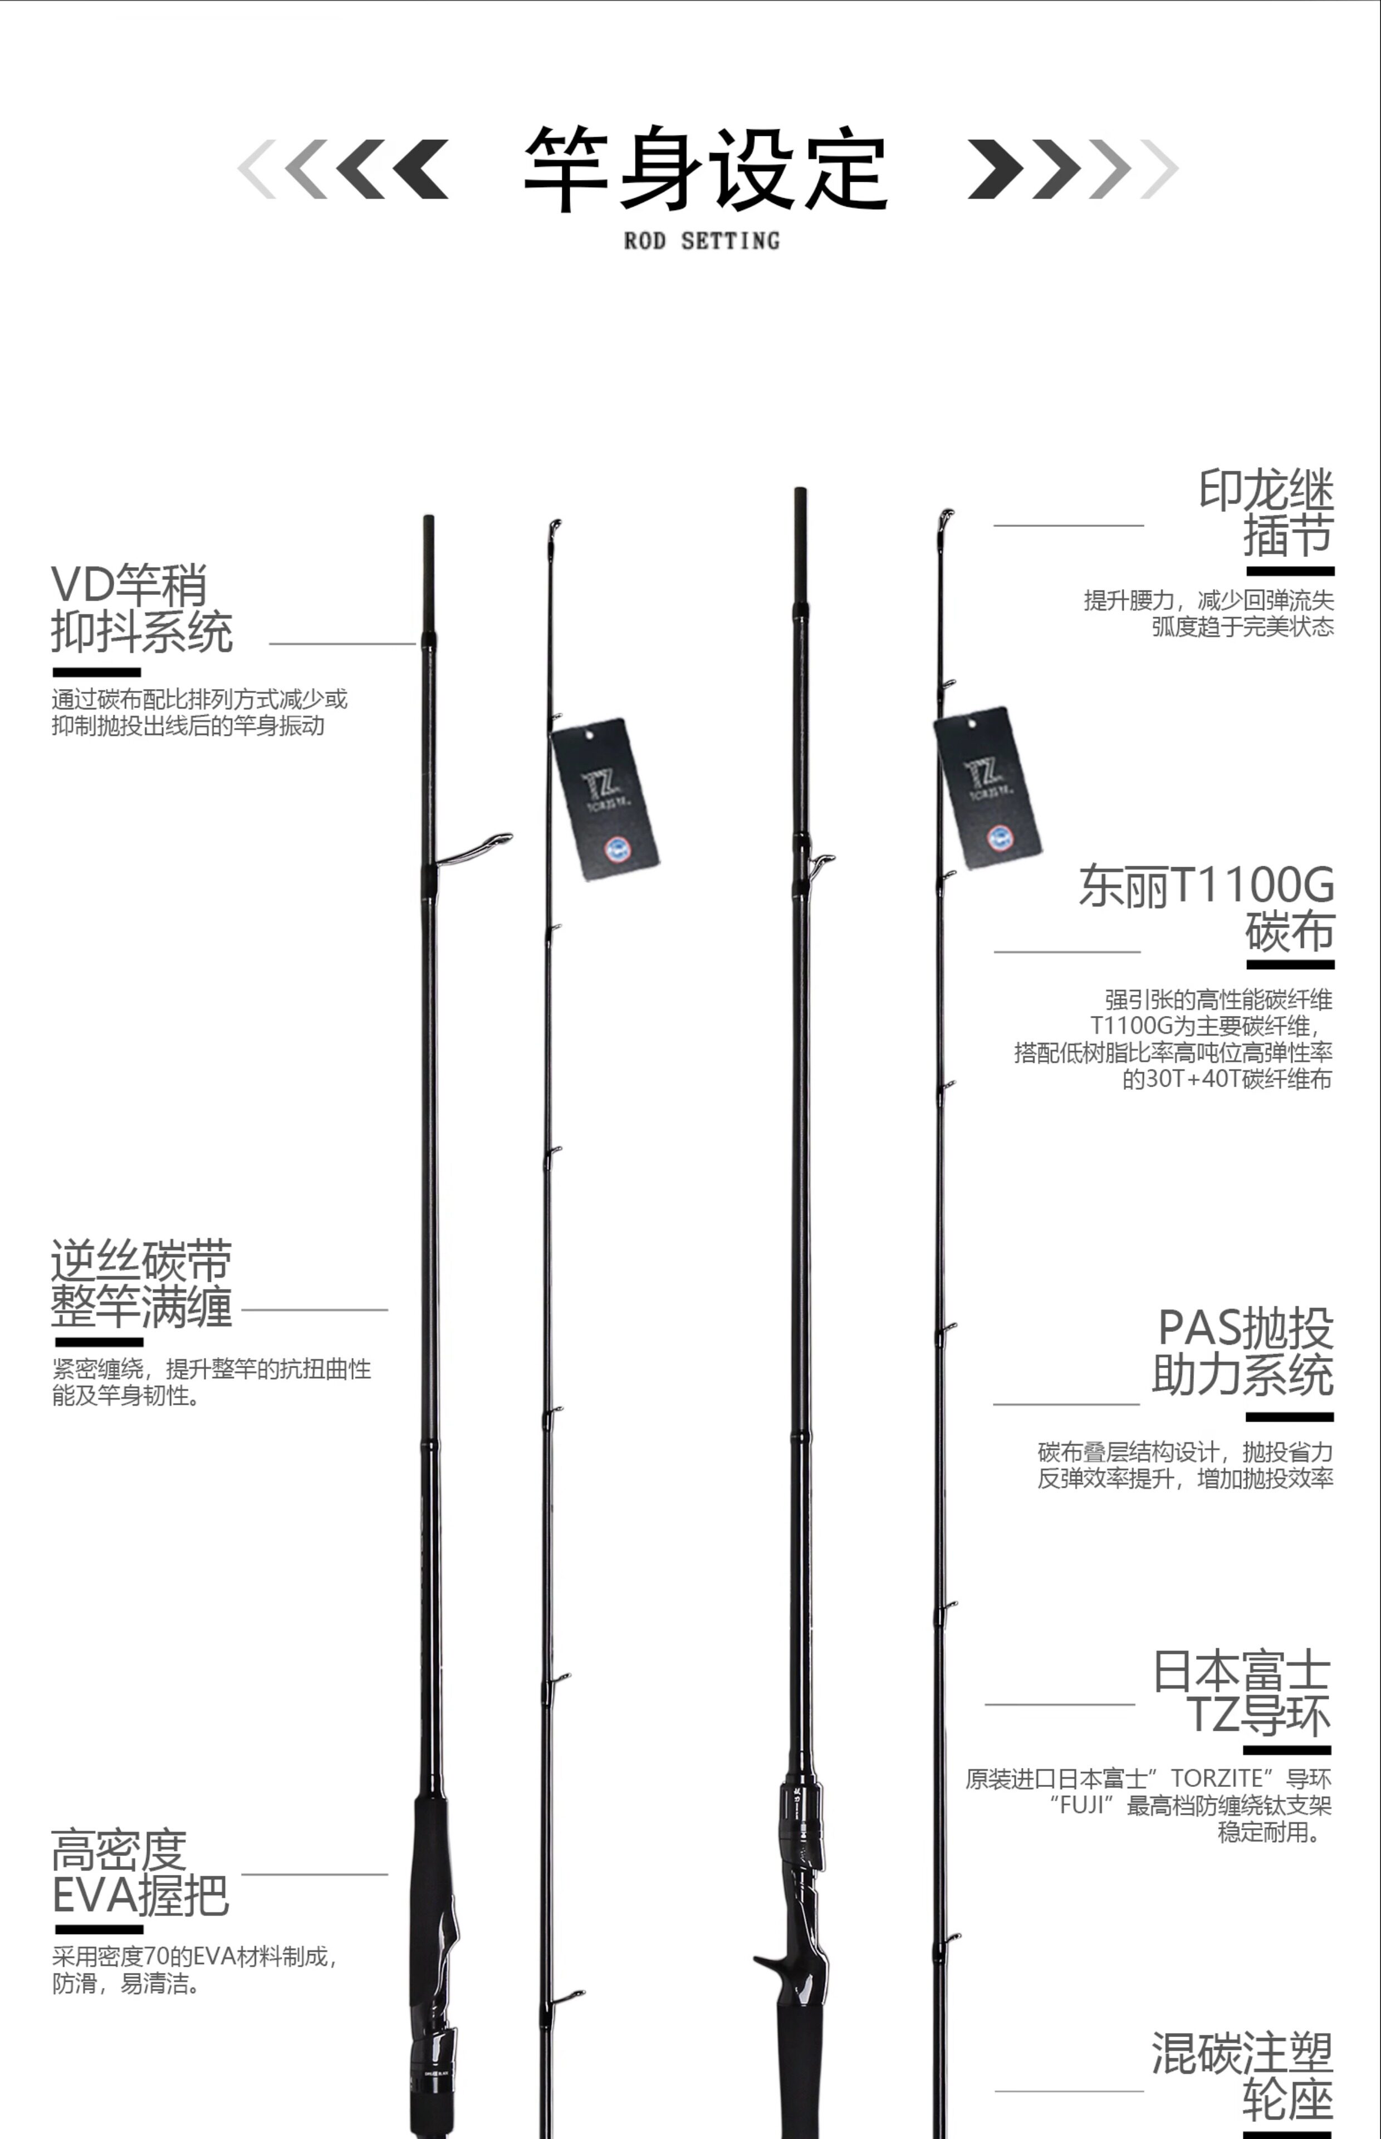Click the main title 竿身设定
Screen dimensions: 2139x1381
[705, 169]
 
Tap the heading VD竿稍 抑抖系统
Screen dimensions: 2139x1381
[141, 608]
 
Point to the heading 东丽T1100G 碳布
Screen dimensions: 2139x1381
[1206, 907]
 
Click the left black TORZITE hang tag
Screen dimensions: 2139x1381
[605, 798]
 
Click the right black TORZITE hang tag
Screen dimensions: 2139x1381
[987, 788]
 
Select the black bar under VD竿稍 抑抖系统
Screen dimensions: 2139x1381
[97, 672]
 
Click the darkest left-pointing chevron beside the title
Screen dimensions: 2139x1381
[420, 169]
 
